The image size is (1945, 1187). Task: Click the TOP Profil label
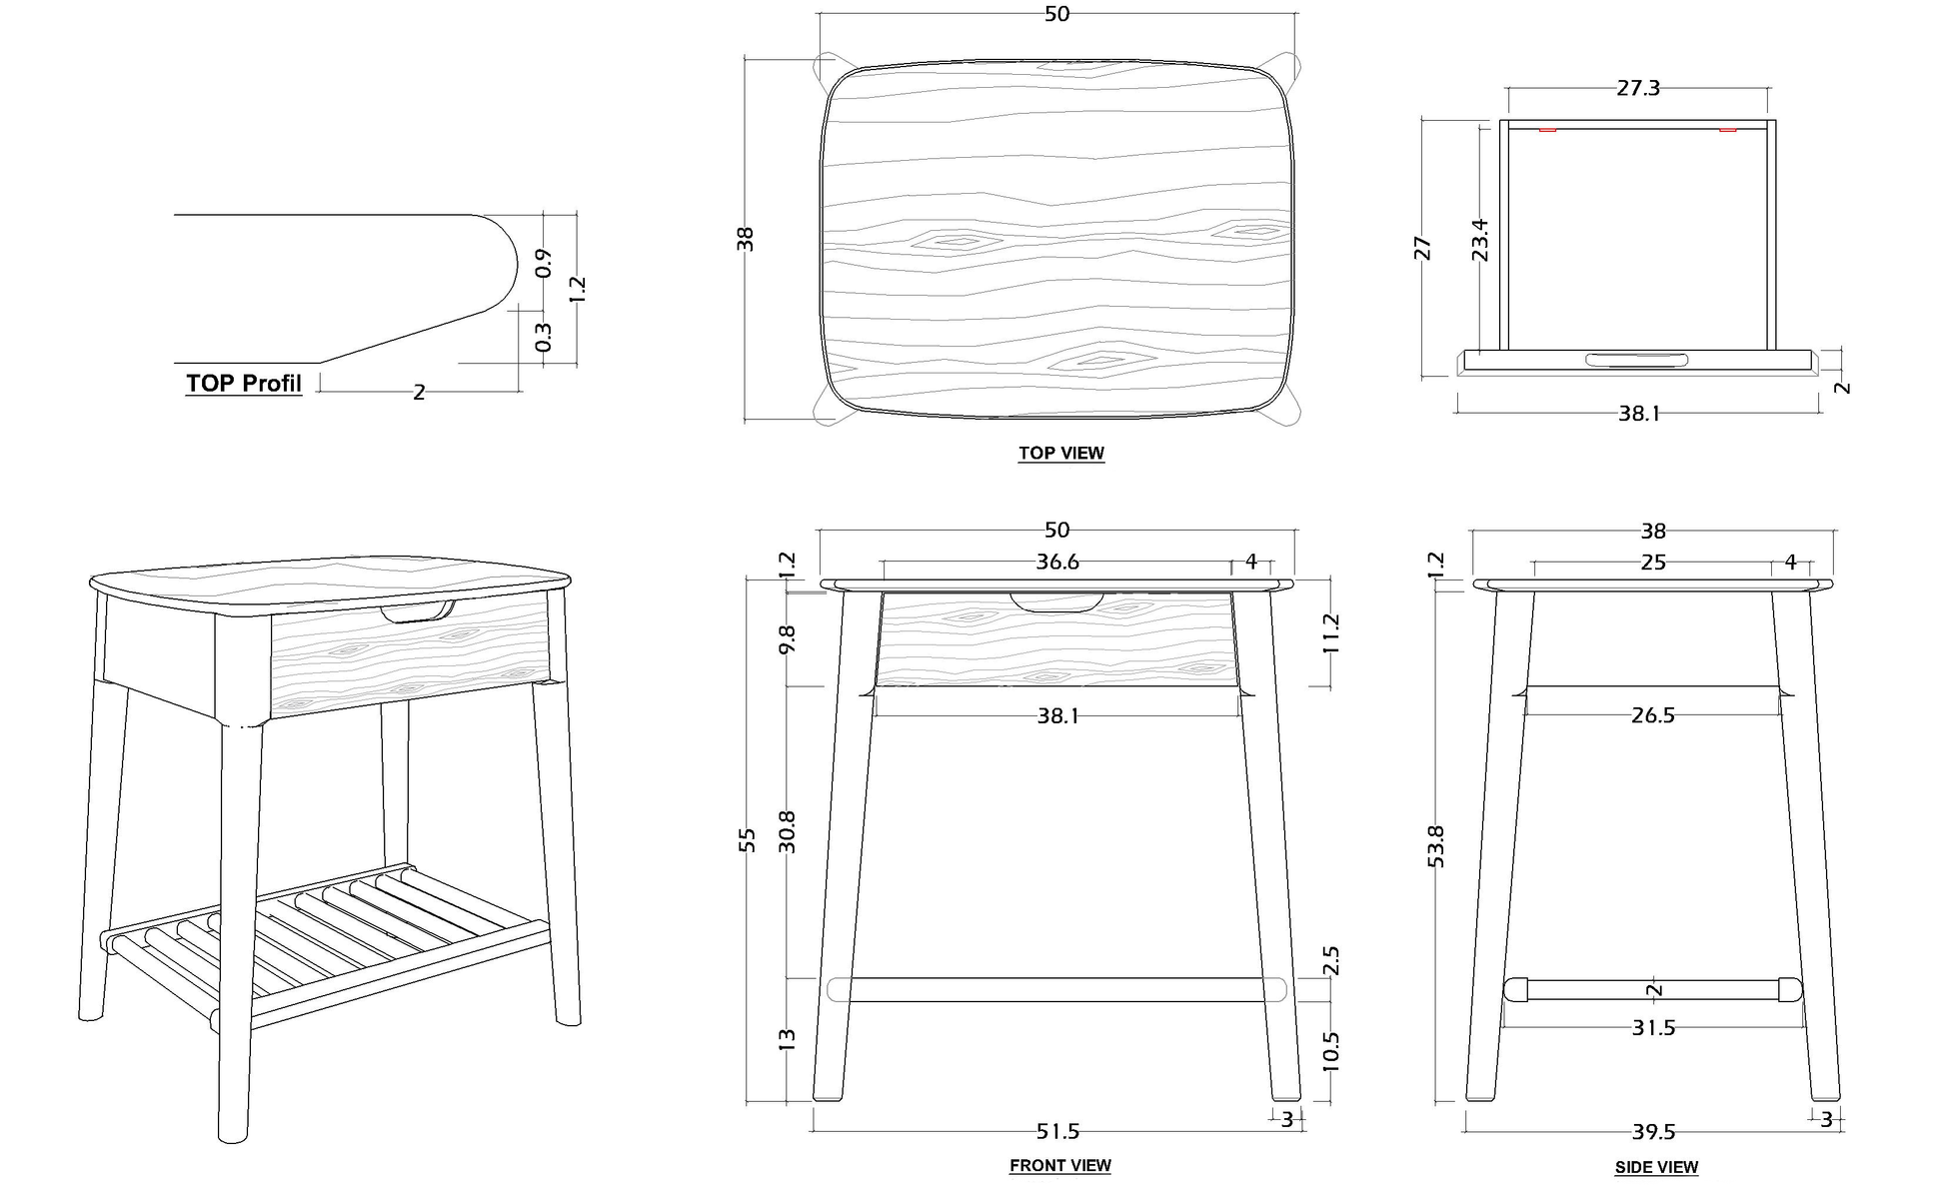point(243,384)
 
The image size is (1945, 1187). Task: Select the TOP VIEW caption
point(1060,453)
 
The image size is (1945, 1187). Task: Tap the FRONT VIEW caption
point(1059,1165)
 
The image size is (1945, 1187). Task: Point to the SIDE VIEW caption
point(1656,1167)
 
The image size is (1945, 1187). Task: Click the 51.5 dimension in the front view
point(1057,1131)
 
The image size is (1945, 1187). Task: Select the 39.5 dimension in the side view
point(1653,1132)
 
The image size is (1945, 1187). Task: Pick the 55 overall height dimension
point(747,840)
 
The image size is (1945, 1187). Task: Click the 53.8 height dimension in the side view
point(1436,845)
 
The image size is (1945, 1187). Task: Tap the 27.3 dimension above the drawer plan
point(1638,88)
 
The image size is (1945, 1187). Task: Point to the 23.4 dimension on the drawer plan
point(1480,240)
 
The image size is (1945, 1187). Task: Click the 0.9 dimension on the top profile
point(544,263)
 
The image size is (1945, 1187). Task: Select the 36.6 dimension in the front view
point(1057,562)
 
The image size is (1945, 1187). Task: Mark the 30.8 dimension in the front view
point(787,830)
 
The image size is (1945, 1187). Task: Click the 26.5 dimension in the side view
point(1652,715)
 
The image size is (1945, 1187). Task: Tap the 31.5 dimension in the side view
point(1653,1027)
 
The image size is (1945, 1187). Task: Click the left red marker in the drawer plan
point(1547,130)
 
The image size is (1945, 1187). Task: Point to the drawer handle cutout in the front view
point(1057,602)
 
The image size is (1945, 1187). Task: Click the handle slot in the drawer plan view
point(1636,360)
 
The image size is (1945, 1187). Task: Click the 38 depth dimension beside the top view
point(746,239)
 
